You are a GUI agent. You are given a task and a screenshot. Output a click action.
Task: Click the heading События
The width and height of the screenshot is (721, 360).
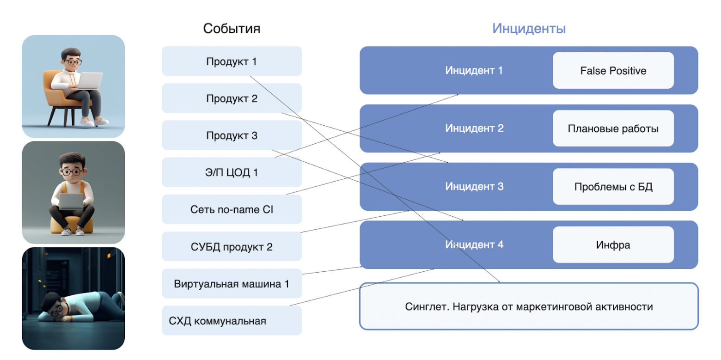click(232, 29)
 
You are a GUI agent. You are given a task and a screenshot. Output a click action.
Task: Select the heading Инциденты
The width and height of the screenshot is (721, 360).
click(529, 29)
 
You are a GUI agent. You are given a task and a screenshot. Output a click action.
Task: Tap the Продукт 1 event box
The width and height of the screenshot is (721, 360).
click(232, 61)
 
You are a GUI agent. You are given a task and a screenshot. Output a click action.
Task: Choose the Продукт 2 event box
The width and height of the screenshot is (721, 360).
click(232, 98)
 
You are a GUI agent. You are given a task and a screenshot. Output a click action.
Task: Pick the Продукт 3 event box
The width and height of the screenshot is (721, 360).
click(232, 135)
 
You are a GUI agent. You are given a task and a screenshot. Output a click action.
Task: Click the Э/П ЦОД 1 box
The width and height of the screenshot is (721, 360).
click(232, 172)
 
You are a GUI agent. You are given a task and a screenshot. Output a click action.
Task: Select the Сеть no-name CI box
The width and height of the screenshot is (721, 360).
click(232, 209)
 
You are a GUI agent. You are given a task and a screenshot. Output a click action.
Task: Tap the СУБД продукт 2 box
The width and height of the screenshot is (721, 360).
click(232, 246)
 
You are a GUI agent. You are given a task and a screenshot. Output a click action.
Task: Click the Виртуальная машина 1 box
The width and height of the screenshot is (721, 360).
click(232, 283)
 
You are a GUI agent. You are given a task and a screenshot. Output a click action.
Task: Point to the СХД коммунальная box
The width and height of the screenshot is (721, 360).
click(232, 320)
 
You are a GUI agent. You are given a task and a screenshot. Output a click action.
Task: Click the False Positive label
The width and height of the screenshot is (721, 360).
click(613, 70)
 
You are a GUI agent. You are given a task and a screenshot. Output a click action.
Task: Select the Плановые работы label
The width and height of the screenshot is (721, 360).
click(613, 128)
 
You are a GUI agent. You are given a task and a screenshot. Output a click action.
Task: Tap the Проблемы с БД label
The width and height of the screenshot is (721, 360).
click(613, 187)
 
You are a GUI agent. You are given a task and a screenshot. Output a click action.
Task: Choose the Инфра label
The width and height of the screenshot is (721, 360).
click(613, 245)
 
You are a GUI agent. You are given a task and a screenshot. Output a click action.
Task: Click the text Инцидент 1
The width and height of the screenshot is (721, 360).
click(474, 71)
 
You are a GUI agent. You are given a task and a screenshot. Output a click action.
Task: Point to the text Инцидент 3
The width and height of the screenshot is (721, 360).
click(474, 187)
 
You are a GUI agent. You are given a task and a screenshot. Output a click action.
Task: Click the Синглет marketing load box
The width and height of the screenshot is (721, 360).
click(529, 306)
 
